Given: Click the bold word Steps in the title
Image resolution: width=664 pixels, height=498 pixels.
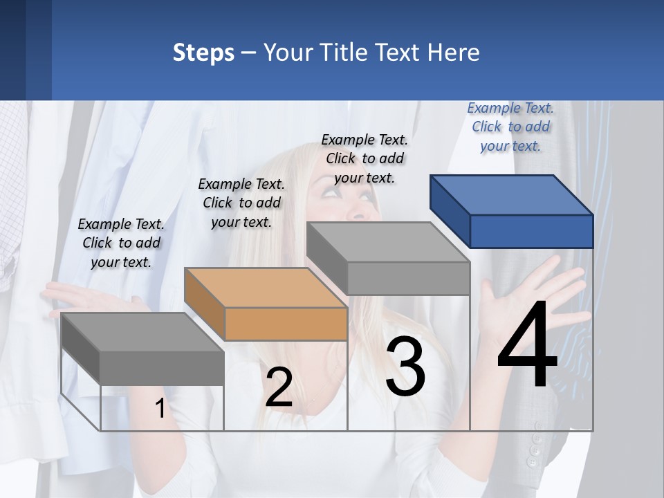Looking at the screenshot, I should click(203, 53).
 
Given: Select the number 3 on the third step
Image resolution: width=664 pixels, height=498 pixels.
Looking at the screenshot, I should click(405, 367).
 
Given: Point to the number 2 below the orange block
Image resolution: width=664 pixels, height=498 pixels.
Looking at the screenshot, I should click(279, 387).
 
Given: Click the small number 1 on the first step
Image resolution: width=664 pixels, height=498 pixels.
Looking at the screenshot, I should click(160, 409).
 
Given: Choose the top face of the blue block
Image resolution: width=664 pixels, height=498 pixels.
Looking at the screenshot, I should click(510, 195).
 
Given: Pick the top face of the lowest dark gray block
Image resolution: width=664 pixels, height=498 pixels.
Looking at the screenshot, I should click(142, 332).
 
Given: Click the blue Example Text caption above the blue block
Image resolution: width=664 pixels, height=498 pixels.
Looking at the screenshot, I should click(510, 127).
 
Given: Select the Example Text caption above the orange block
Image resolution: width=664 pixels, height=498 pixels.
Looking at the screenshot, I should click(241, 203).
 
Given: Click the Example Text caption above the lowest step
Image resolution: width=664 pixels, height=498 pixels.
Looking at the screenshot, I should click(121, 243).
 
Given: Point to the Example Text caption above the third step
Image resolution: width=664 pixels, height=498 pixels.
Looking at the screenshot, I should click(365, 158).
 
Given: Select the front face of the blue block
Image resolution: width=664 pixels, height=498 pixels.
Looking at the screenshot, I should click(531, 231).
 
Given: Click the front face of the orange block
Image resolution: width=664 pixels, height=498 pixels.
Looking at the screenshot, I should click(286, 324).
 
